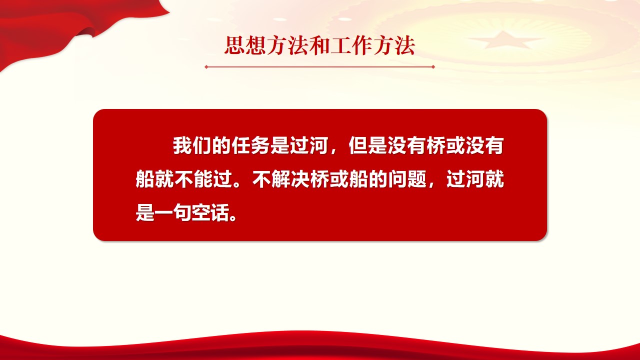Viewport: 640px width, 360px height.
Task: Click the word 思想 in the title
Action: click(245, 45)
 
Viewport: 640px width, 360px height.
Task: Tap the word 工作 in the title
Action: click(351, 45)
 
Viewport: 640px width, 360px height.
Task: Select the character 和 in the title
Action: click(319, 45)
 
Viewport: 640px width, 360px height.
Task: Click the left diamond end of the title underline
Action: click(206, 67)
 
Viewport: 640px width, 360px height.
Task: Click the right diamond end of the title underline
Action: click(433, 67)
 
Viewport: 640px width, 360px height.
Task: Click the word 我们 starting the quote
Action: click(192, 145)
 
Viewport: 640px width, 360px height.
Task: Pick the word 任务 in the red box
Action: click(250, 145)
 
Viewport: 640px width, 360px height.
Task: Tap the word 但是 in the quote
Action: click(367, 145)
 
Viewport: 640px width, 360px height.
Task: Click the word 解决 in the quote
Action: click(291, 179)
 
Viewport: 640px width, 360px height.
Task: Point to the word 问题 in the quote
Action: click(407, 179)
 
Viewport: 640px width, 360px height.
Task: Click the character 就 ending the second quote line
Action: click(494, 179)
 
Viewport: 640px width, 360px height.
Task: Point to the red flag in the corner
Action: click(57, 25)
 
